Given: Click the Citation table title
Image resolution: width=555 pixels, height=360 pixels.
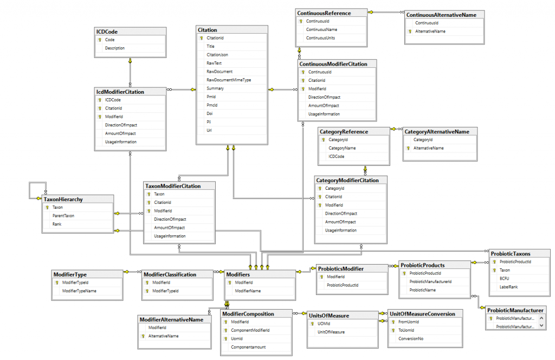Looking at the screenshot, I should (208, 30).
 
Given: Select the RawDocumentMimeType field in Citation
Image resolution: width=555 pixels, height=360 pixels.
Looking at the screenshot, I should (228, 80).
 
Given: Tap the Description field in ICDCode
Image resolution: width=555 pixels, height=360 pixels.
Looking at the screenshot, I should (114, 48).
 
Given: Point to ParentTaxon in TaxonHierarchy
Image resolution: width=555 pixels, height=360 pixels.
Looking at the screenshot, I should (63, 216).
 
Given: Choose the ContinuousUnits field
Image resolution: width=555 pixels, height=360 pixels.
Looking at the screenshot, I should (320, 38).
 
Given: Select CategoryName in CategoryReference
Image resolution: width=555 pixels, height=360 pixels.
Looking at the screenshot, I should (342, 148).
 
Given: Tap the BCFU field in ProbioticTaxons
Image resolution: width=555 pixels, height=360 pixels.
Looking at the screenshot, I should (504, 278).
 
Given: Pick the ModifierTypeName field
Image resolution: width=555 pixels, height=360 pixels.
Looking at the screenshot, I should (79, 291).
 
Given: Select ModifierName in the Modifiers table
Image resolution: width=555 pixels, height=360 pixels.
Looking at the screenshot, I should (248, 291).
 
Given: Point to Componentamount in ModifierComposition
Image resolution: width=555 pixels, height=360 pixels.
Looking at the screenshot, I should (248, 347).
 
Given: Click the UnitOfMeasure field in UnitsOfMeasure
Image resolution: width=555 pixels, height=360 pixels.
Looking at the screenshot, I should (331, 332).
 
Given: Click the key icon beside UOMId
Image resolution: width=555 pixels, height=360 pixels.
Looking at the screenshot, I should (312, 324).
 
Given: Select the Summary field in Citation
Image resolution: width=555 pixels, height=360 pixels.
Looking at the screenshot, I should (215, 88).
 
